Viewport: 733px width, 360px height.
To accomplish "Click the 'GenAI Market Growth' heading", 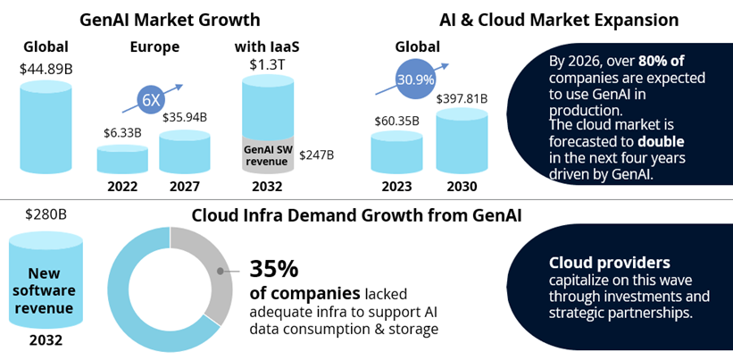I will pos(170,20).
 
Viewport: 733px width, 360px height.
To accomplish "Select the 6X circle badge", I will pos(151,100).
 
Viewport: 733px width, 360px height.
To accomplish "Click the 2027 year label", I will pos(184,187).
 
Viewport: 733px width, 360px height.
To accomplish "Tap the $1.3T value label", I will pos(268,63).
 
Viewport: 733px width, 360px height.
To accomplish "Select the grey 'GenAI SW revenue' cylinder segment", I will pos(268,155).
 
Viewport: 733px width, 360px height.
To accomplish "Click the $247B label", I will pos(316,155).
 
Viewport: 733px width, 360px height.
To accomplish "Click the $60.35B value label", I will pos(396,120).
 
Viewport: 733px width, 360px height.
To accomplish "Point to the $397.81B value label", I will pos(462,98).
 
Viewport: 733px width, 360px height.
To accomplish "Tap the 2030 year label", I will pos(462,187).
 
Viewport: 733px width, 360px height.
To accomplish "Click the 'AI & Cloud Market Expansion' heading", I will pos(559,20).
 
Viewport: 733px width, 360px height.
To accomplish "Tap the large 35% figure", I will pos(274,269).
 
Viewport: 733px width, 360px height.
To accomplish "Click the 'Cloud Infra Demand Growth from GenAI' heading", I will pos(356,214).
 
